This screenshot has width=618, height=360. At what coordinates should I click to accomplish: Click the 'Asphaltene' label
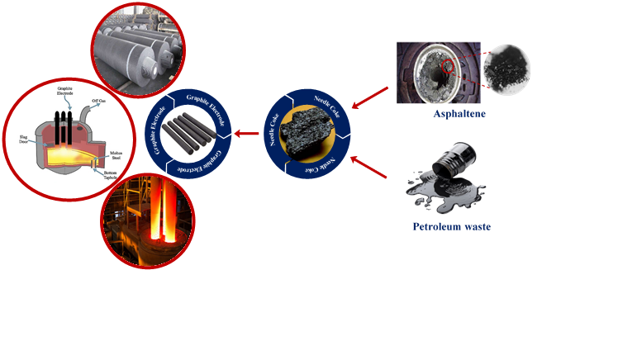[459, 114]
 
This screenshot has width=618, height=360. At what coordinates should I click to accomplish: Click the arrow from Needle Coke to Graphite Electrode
[247, 133]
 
